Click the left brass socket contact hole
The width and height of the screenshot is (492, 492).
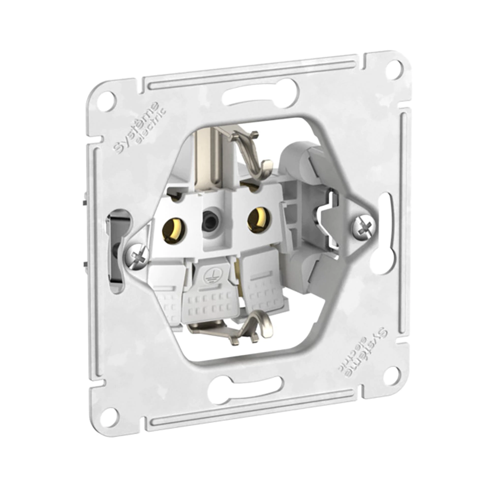[174, 229]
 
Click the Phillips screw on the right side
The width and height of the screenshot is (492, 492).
[364, 227]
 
